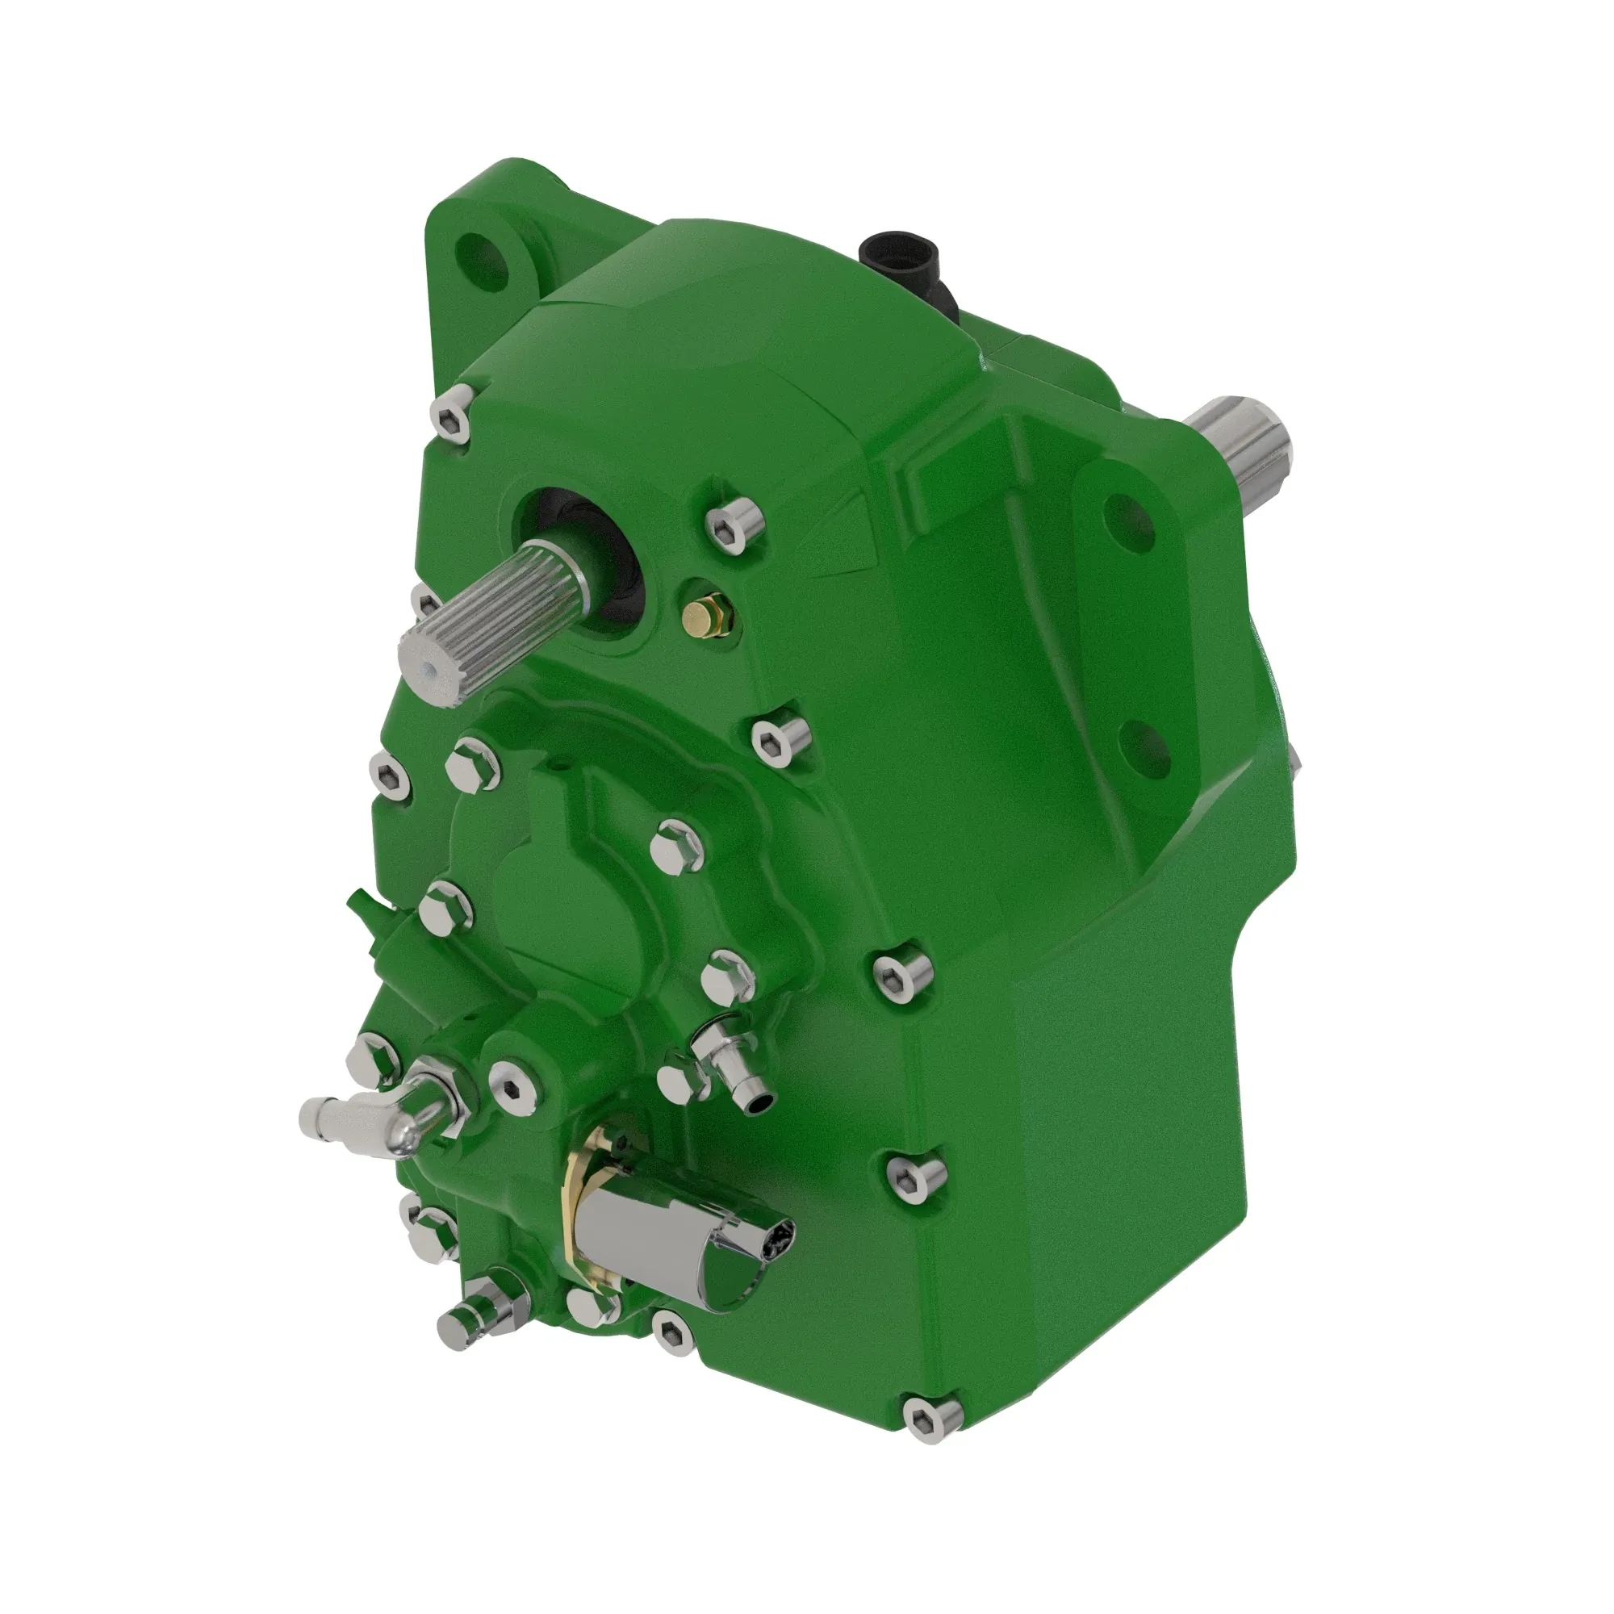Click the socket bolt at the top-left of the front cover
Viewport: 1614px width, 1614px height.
(x=452, y=415)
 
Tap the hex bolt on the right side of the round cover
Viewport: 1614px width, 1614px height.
(x=677, y=846)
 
